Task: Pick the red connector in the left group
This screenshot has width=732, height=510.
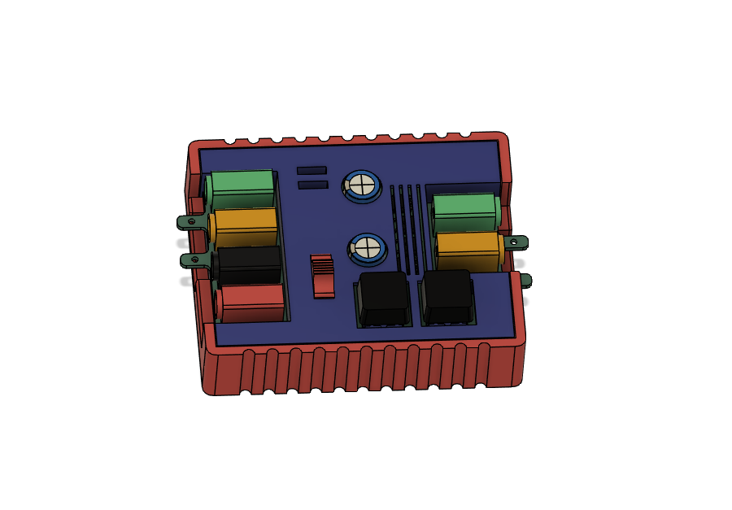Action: (253, 302)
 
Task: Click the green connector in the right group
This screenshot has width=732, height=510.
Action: (464, 211)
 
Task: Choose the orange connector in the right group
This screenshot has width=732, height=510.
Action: (468, 248)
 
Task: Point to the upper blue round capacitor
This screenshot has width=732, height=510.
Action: (362, 185)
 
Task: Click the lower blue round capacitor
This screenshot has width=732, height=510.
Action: (368, 247)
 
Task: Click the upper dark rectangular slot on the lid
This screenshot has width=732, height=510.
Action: (312, 170)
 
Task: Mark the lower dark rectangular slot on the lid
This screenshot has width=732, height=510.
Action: (313, 185)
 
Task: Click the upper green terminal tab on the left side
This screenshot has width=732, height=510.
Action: (190, 221)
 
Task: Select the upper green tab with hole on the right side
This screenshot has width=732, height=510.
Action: (516, 242)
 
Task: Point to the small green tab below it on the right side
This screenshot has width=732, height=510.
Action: (525, 281)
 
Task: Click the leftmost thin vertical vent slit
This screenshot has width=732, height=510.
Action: (394, 228)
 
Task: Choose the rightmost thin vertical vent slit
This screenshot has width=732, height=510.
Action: (420, 228)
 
